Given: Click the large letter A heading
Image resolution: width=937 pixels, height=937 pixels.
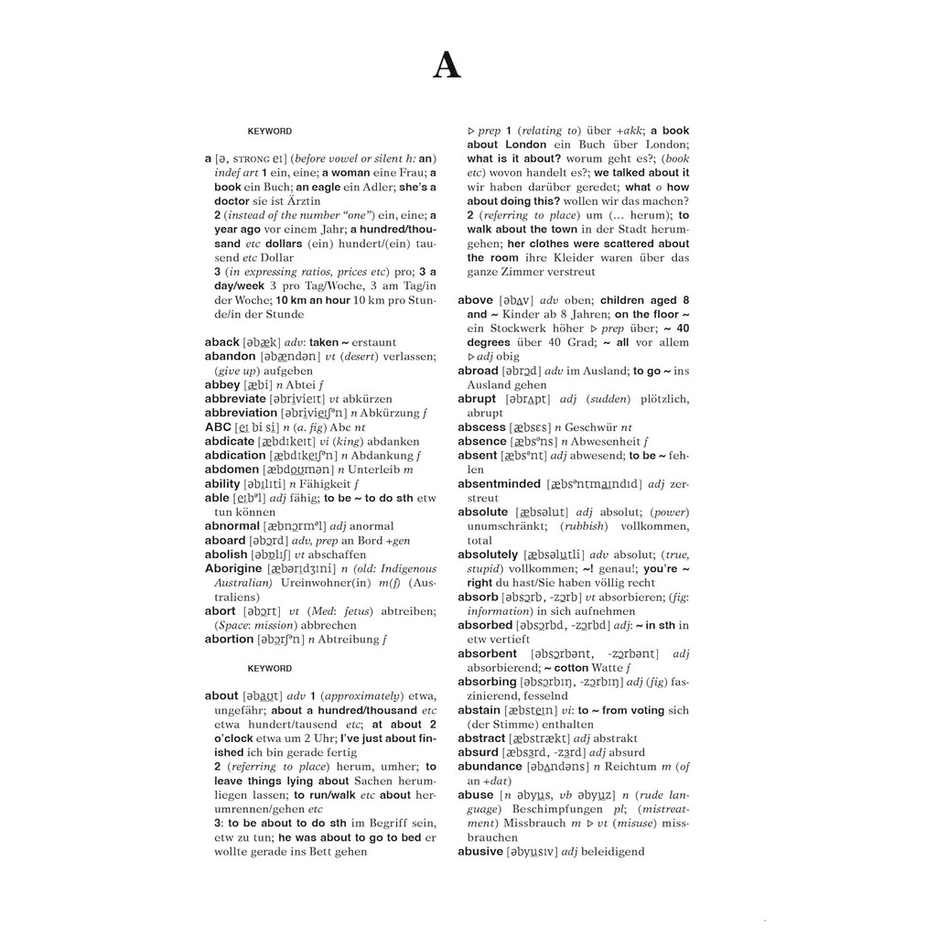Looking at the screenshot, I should [447, 66].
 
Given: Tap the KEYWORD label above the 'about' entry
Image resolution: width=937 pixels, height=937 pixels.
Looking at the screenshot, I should [270, 668].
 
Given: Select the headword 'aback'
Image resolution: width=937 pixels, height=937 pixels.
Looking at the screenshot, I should [222, 341].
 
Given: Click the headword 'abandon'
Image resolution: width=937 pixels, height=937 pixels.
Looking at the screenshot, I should [230, 356].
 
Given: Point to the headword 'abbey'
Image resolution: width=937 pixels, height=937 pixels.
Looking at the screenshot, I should [221, 384].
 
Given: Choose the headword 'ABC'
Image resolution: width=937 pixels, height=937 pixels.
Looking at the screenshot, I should [218, 427].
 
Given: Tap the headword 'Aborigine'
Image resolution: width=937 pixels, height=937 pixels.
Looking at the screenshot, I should [233, 568].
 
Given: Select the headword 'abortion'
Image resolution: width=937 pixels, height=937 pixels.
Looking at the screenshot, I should [229, 639].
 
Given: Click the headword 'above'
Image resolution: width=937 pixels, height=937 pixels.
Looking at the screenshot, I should [475, 300].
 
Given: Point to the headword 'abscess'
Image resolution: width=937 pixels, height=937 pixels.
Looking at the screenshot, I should [481, 427].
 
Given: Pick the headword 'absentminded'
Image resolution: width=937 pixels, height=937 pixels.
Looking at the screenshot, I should [498, 484].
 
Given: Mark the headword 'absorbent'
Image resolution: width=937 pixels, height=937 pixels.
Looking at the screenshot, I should [487, 653].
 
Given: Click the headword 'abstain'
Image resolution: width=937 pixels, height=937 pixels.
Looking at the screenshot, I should [479, 710].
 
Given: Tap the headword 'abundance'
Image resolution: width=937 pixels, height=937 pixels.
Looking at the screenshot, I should [490, 766].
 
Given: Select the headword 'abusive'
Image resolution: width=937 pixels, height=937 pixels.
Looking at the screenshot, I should [480, 851].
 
